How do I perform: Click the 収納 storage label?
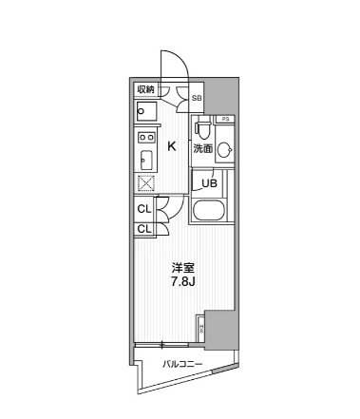pyautogui.click(x=145, y=90)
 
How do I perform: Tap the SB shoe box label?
pyautogui.click(x=197, y=98)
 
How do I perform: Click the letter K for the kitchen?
pyautogui.click(x=172, y=145)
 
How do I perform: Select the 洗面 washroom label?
pyautogui.click(x=203, y=149)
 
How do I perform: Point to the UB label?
pyautogui.click(x=208, y=183)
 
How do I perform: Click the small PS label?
pyautogui.click(x=225, y=118)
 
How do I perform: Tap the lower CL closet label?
pyautogui.click(x=143, y=229)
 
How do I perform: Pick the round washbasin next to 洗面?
pyautogui.click(x=224, y=149)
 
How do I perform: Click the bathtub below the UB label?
pyautogui.click(x=207, y=211)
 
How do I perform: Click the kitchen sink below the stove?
pyautogui.click(x=147, y=159)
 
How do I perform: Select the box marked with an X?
pyautogui.click(x=146, y=184)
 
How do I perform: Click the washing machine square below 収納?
pyautogui.click(x=145, y=112)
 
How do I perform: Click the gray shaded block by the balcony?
pyautogui.click(x=219, y=330)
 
